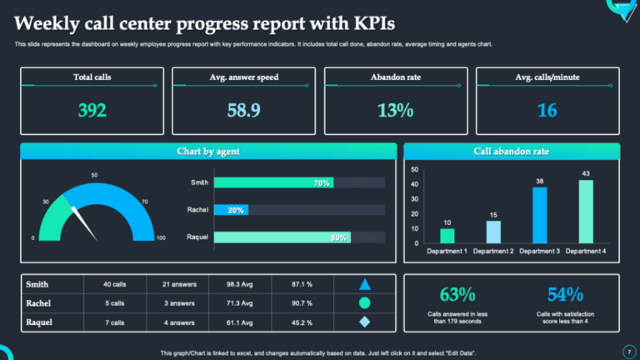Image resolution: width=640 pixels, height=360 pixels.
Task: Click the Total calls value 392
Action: pyautogui.click(x=92, y=110)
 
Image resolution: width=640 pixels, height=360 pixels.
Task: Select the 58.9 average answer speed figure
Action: pyautogui.click(x=243, y=110)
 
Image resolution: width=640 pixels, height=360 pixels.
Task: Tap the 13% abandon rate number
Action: pyautogui.click(x=395, y=110)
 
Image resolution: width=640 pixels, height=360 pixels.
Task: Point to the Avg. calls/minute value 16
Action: pyautogui.click(x=547, y=110)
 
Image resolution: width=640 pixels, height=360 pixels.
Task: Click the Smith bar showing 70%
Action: pyautogui.click(x=273, y=182)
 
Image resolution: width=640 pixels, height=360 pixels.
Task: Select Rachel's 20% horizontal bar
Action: pyautogui.click(x=230, y=210)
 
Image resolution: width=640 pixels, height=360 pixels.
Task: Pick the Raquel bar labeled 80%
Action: pyautogui.click(x=282, y=237)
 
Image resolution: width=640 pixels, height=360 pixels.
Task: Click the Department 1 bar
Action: pyautogui.click(x=447, y=235)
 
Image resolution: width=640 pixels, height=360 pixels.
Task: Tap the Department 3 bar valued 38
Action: pyautogui.click(x=539, y=215)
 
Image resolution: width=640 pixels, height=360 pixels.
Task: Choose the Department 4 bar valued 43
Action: pyautogui.click(x=586, y=212)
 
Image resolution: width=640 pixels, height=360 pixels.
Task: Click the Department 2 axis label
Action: pyautogui.click(x=494, y=251)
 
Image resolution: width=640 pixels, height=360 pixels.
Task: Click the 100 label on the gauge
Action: pyautogui.click(x=161, y=238)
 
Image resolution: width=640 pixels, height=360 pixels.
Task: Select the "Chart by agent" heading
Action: pyautogui.click(x=208, y=152)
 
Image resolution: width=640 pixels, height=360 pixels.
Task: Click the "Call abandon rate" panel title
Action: pyautogui.click(x=511, y=152)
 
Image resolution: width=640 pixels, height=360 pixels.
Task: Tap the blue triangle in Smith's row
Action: pyautogui.click(x=364, y=284)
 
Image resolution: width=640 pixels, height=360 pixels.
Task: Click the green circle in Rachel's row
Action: pyautogui.click(x=364, y=303)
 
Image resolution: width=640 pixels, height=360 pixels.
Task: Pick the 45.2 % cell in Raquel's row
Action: pyautogui.click(x=302, y=322)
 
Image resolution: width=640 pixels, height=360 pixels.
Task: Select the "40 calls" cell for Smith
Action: pyautogui.click(x=115, y=284)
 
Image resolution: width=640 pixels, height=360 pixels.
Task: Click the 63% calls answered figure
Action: pyautogui.click(x=457, y=294)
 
